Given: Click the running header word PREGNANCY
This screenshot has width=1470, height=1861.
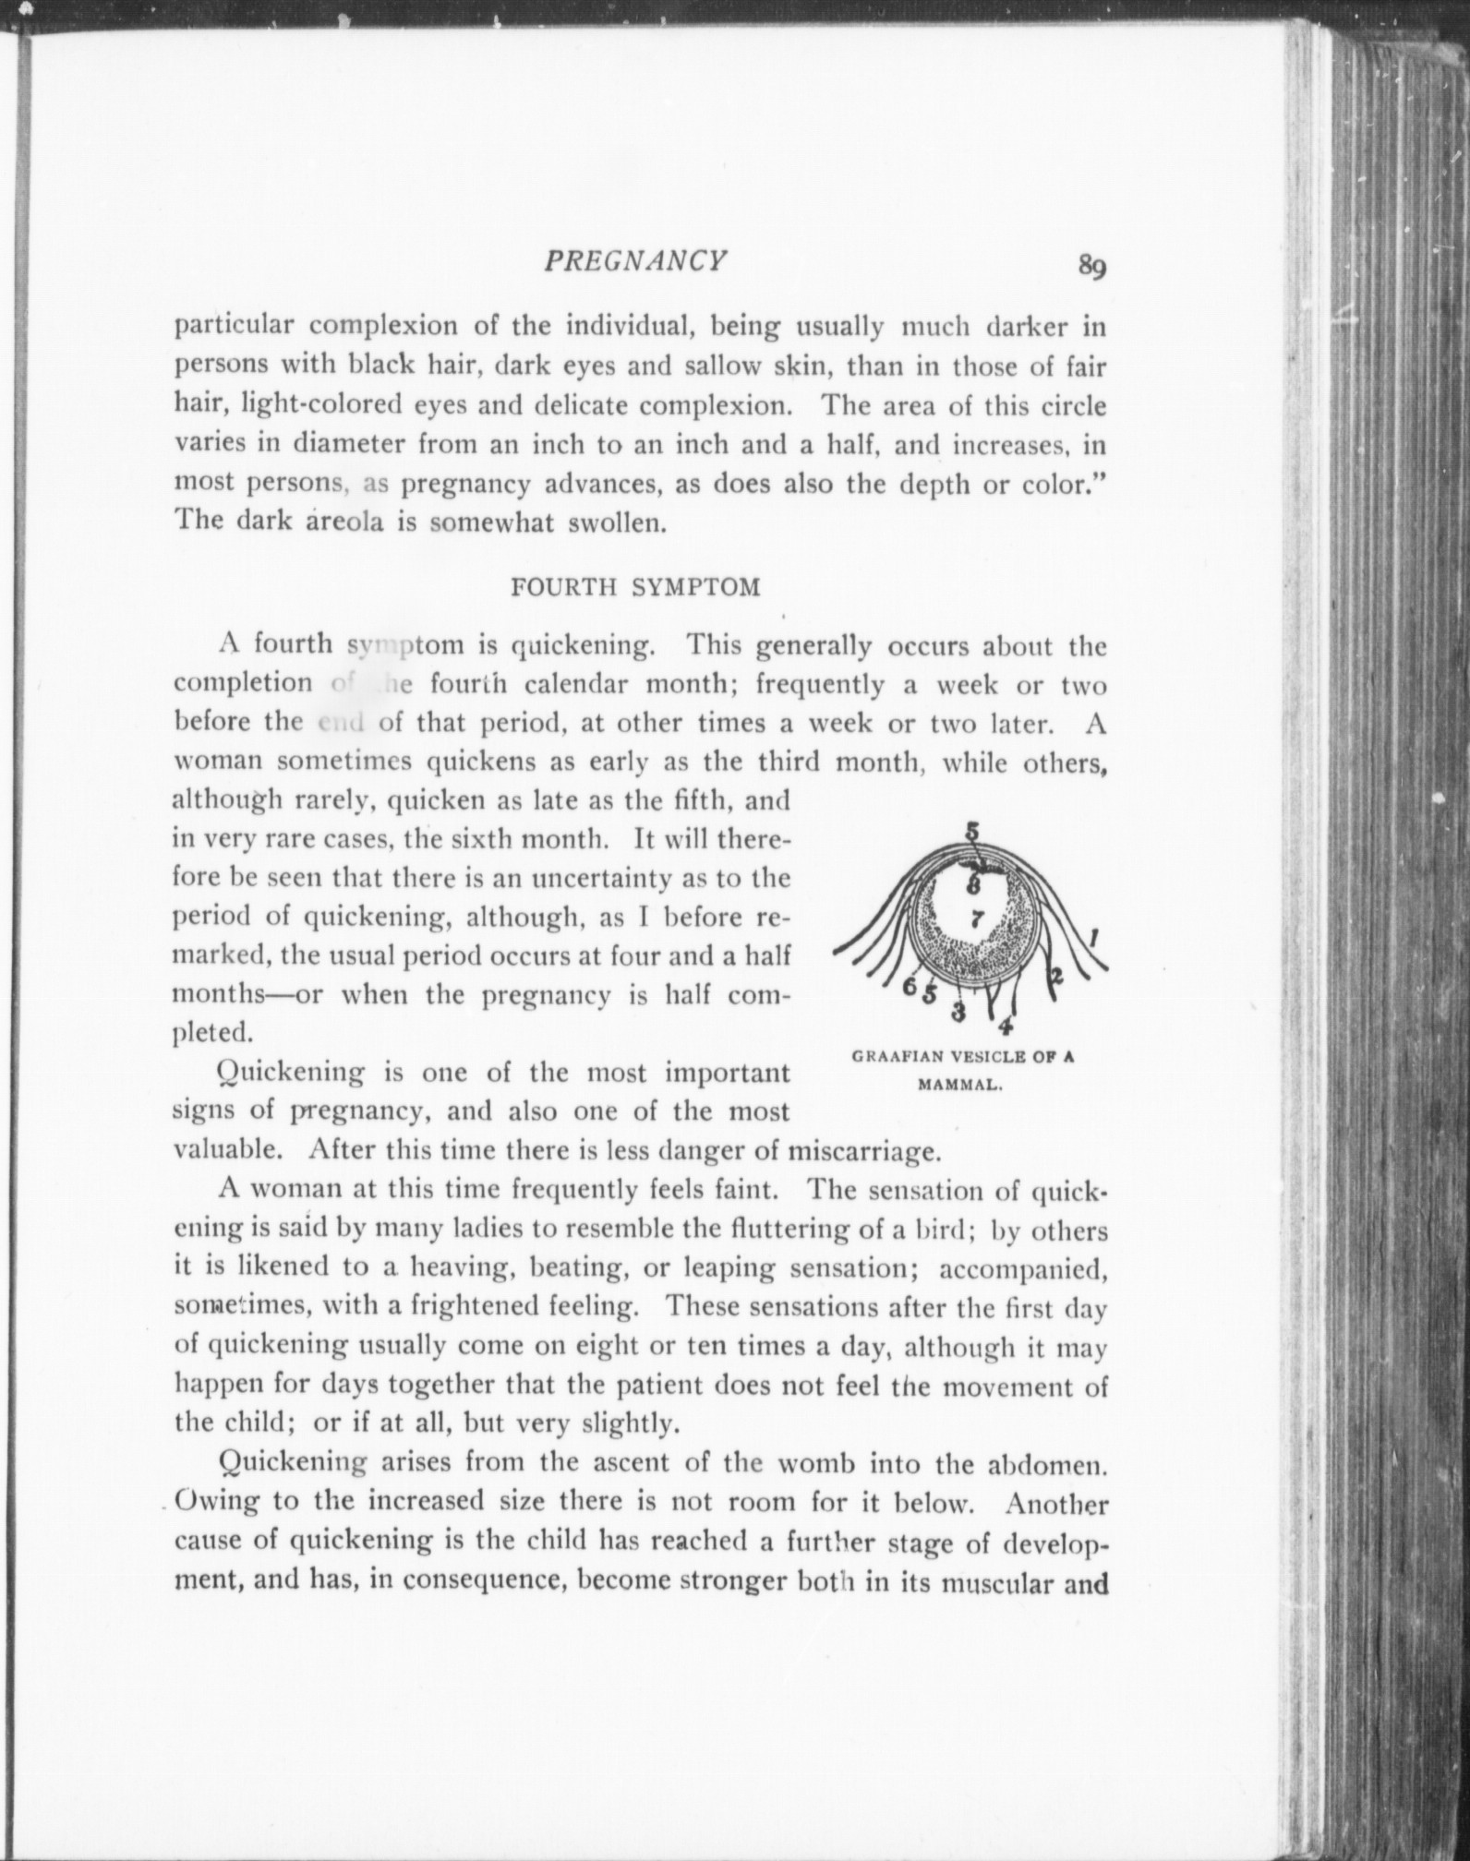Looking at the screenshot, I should pos(634,261).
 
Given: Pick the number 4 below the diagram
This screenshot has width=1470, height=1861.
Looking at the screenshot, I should pos(1006,1025).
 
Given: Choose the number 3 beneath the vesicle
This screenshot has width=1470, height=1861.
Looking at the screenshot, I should pos(958,1013).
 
